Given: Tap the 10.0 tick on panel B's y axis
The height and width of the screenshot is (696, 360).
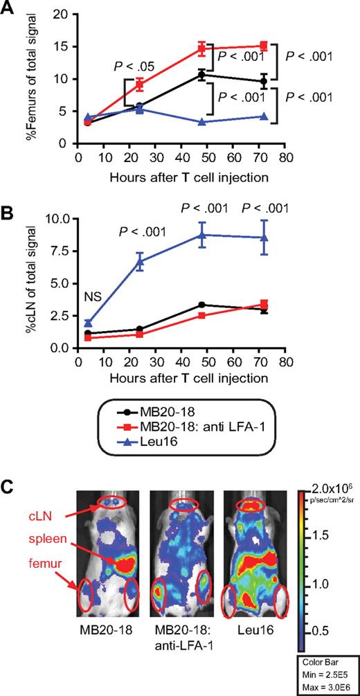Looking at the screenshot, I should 57,219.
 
